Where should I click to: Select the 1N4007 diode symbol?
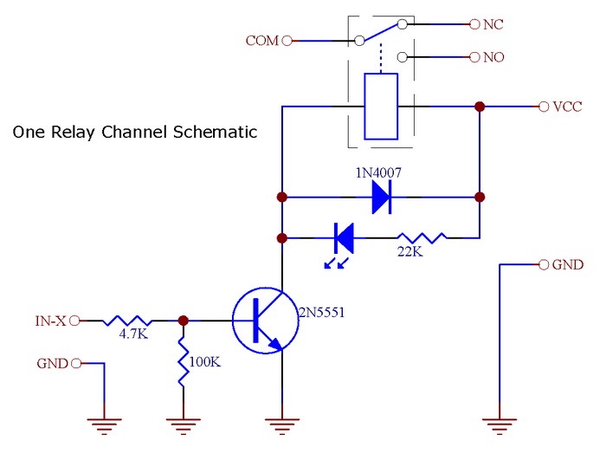coord(380,198)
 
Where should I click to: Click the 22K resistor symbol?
coord(422,237)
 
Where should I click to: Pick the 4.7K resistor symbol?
coord(127,320)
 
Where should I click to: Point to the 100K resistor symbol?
coord(184,361)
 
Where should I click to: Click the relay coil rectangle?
coord(381,107)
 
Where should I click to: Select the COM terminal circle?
coord(287,40)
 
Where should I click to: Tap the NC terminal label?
coord(493,24)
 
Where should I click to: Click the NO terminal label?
coord(493,57)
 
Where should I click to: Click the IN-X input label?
coord(50,321)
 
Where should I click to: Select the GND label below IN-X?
coord(52,363)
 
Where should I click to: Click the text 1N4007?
coord(379,173)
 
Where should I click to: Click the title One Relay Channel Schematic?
coord(134,133)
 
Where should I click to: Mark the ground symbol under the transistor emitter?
coord(281,424)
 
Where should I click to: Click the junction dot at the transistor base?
coord(184,320)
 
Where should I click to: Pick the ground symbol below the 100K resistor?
coord(184,424)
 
